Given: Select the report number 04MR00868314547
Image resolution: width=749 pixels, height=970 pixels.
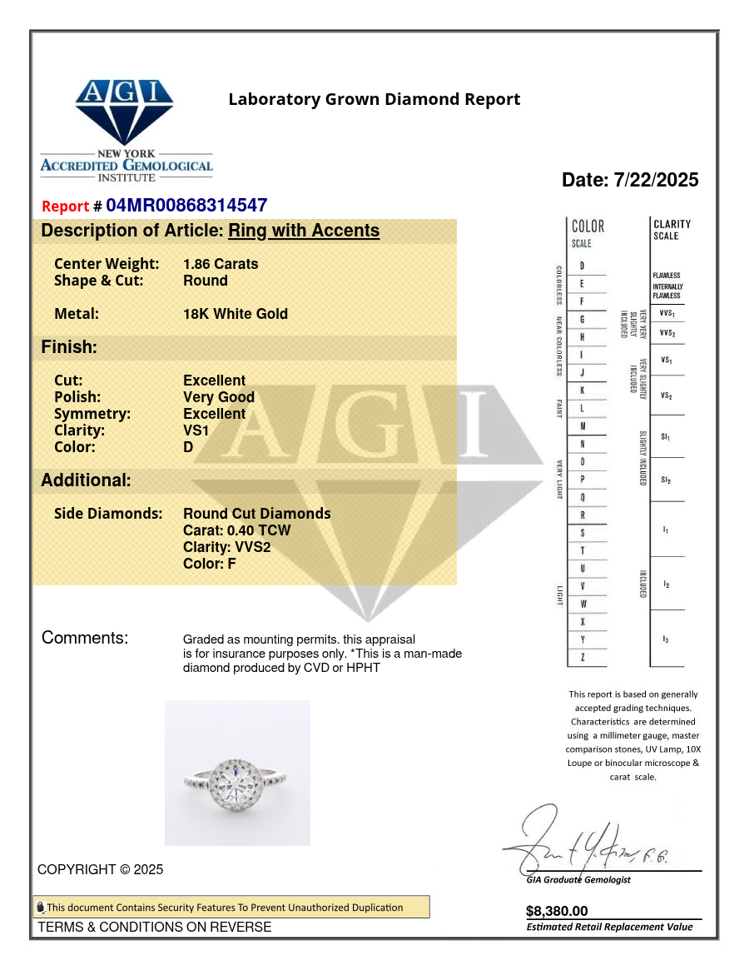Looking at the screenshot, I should click(186, 206).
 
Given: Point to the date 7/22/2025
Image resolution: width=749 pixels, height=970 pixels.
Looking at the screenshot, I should click(657, 180).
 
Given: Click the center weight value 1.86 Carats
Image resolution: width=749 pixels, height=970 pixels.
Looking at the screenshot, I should click(221, 264).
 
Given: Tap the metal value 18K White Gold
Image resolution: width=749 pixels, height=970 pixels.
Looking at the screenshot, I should click(236, 314).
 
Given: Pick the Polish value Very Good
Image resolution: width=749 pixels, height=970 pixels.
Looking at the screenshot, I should click(219, 397).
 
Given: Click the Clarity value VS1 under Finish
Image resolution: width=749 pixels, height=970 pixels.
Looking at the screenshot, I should click(196, 430).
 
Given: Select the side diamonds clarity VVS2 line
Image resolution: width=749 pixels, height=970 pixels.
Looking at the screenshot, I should click(226, 547).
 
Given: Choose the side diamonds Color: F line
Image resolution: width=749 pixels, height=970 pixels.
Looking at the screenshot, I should click(216, 564).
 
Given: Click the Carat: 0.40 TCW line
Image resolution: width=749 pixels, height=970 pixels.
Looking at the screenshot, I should click(237, 530).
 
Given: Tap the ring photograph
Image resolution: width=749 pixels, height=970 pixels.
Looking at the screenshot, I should click(237, 773).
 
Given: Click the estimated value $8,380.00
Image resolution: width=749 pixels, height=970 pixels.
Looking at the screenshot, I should click(557, 911).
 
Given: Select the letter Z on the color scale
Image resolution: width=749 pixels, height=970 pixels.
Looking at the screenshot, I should click(582, 658).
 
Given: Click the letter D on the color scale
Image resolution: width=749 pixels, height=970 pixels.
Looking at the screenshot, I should click(582, 266).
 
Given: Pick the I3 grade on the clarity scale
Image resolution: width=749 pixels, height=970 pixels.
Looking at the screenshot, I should click(666, 639).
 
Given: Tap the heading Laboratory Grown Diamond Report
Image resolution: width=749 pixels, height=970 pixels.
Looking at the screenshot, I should click(374, 100).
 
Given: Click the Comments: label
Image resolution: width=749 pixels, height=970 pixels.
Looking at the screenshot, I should click(85, 639).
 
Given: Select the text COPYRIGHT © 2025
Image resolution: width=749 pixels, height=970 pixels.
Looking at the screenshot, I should click(101, 869).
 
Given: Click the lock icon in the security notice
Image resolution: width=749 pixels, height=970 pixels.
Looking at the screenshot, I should click(40, 908).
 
